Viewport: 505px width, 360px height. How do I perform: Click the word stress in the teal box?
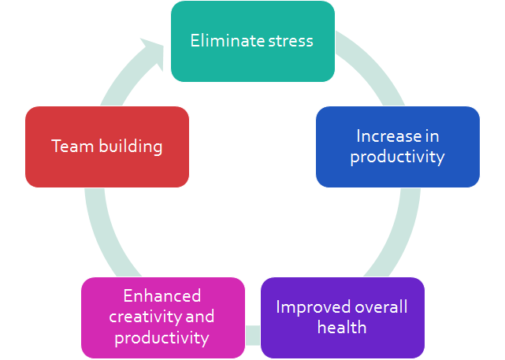click(290, 41)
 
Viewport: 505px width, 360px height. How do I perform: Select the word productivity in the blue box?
click(398, 157)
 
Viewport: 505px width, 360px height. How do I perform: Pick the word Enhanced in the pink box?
click(162, 296)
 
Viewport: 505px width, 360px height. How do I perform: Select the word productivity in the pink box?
click(162, 338)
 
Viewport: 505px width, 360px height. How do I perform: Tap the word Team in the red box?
click(69, 147)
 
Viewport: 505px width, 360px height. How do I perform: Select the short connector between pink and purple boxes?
click(252, 335)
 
